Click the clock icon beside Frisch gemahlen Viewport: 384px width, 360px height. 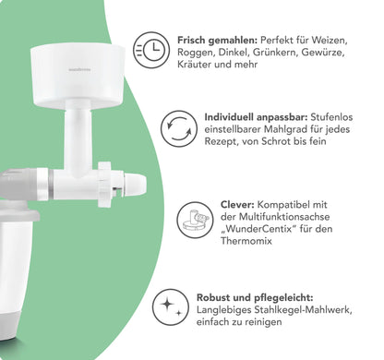pyautogui.click(x=151, y=50)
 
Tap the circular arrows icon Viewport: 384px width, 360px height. pyautogui.click(x=179, y=129)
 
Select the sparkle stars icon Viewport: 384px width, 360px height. pyautogui.click(x=171, y=307)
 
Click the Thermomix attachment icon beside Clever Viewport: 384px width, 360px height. pyautogui.click(x=195, y=220)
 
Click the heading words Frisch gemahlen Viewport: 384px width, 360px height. pyautogui.click(x=217, y=41)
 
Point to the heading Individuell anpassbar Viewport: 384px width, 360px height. pyautogui.click(x=256, y=117)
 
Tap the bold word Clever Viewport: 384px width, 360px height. pyautogui.click(x=237, y=205)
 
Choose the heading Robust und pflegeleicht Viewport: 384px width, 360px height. pyautogui.click(x=255, y=298)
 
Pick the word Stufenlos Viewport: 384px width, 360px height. pyautogui.click(x=331, y=117)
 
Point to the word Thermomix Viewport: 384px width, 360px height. pyautogui.click(x=246, y=241)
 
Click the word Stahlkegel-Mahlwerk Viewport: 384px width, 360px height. pyautogui.click(x=303, y=310)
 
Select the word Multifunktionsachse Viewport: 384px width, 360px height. pyautogui.click(x=284, y=217)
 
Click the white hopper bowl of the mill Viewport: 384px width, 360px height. pyautogui.click(x=78, y=75)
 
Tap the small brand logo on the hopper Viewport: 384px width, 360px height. pyautogui.click(x=79, y=70)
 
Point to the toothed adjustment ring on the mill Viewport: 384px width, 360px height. pyautogui.click(x=104, y=185)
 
